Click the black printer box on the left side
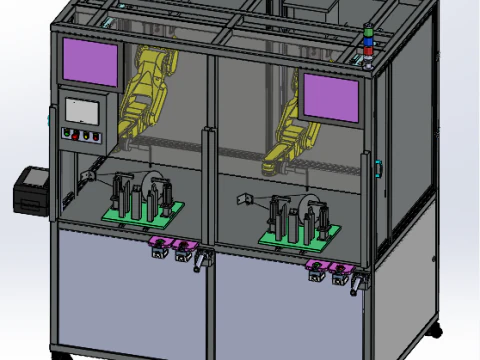tap(29, 190)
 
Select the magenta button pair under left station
tap(170, 245)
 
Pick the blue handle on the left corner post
tap(50, 117)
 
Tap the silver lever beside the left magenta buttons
tap(203, 262)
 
